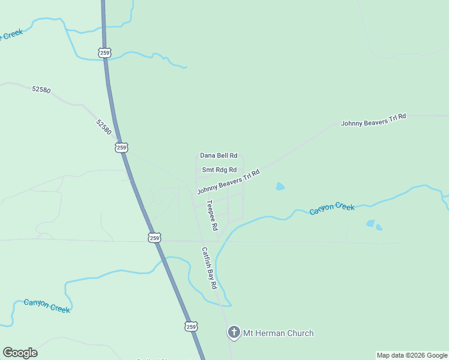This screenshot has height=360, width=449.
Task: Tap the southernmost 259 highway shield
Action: point(190,327)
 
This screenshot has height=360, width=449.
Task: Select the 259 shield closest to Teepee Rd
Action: point(154,238)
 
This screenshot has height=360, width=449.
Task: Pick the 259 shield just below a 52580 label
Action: point(122,147)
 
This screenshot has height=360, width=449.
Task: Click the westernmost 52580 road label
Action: point(41,90)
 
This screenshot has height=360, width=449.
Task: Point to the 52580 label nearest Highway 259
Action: point(103,127)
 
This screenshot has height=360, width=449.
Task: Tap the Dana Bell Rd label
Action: point(218,155)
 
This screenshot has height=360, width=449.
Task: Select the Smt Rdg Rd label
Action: point(219,170)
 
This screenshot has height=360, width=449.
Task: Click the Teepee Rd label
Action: point(212,215)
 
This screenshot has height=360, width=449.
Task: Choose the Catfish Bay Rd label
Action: point(209,268)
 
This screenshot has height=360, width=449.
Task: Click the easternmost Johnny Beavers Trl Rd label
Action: point(373,119)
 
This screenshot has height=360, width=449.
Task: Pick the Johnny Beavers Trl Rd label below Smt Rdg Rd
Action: point(228,182)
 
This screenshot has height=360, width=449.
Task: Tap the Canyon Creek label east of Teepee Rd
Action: point(332,208)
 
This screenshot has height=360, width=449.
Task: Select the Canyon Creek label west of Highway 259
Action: point(47,305)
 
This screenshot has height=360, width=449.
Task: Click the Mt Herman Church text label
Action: point(278,333)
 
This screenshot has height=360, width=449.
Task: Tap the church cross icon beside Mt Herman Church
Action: point(234,332)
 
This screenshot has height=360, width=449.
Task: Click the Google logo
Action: point(20,353)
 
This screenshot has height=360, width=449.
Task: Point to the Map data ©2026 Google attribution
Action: point(412,355)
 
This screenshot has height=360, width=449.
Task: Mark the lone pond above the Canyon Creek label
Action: point(280,187)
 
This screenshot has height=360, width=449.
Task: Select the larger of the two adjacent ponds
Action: point(370,224)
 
